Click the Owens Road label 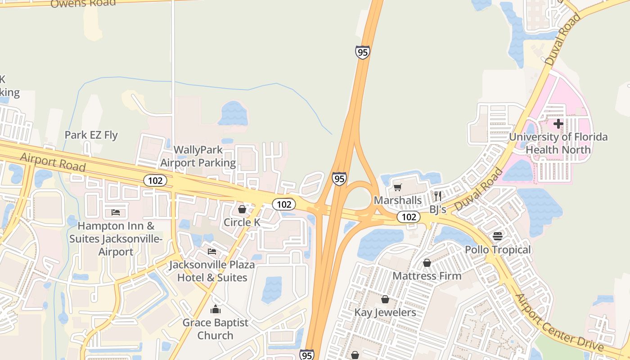(83, 3)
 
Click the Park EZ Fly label (91, 135)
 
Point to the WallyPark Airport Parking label (198, 156)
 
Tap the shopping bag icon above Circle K (242, 209)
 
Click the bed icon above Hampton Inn (116, 212)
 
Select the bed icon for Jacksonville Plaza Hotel (212, 252)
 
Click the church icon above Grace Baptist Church (216, 309)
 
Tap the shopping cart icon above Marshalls (397, 187)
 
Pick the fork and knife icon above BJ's (438, 196)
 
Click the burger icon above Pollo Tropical (498, 236)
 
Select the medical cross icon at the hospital (558, 123)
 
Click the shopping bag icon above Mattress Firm (427, 263)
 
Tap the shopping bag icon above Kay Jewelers (385, 299)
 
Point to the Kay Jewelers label (385, 312)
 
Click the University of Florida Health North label (558, 143)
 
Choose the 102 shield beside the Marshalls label (409, 217)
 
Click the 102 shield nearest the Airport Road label (155, 181)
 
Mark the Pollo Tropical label (498, 249)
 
